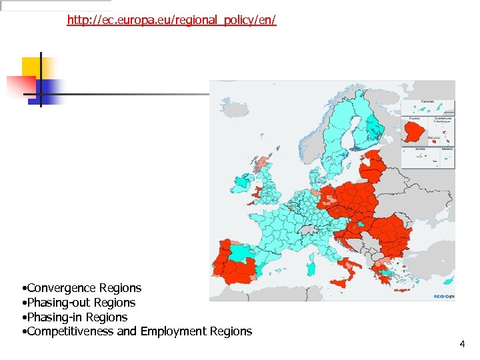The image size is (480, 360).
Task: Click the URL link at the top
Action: coord(171,20)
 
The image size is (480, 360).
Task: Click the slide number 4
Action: coord(462,344)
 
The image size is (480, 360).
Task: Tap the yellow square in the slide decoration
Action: coord(31,67)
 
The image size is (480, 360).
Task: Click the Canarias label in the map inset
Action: coord(427,102)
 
